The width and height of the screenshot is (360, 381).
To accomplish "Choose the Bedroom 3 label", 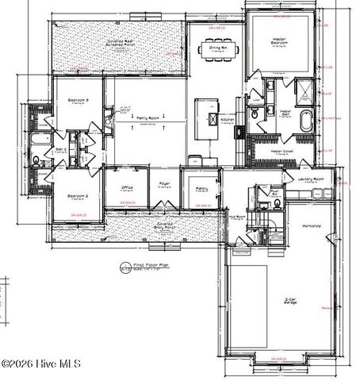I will (x=77, y=100).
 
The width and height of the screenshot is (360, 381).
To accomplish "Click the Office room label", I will (x=127, y=187).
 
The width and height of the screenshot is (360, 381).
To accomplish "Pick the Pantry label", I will (x=200, y=187).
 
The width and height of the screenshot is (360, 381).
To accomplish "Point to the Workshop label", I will (x=312, y=226).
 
